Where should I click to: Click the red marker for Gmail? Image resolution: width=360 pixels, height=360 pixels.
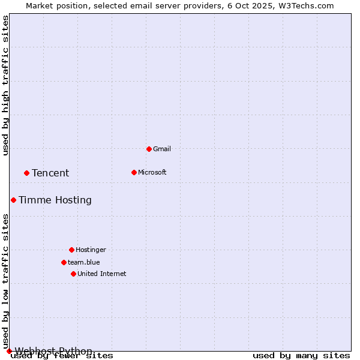[149, 149]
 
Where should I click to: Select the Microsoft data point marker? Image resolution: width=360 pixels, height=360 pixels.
[134, 172]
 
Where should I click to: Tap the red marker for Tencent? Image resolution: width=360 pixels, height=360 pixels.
[26, 173]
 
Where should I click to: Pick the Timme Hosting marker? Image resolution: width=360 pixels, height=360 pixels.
[13, 200]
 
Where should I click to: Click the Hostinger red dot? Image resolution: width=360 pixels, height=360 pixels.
[71, 250]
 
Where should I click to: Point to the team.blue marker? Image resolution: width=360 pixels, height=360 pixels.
[64, 262]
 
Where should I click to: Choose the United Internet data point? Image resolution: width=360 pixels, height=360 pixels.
[73, 274]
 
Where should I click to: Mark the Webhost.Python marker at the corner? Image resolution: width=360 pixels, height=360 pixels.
[9, 351]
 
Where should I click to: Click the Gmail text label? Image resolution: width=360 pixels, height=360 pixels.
[162, 149]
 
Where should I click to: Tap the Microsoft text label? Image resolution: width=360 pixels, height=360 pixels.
[152, 172]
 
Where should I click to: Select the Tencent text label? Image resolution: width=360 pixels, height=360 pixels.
[50, 173]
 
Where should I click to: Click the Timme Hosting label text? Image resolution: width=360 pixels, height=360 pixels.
[55, 200]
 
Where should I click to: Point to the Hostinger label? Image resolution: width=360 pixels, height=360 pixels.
[91, 250]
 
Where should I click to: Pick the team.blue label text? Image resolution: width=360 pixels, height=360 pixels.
[84, 262]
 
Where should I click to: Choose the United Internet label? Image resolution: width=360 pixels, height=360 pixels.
[102, 274]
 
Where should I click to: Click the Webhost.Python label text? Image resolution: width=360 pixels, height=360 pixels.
[54, 351]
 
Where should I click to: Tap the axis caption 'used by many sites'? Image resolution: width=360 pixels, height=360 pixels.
[301, 356]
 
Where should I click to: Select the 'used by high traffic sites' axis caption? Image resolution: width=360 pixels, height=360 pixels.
[5, 85]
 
